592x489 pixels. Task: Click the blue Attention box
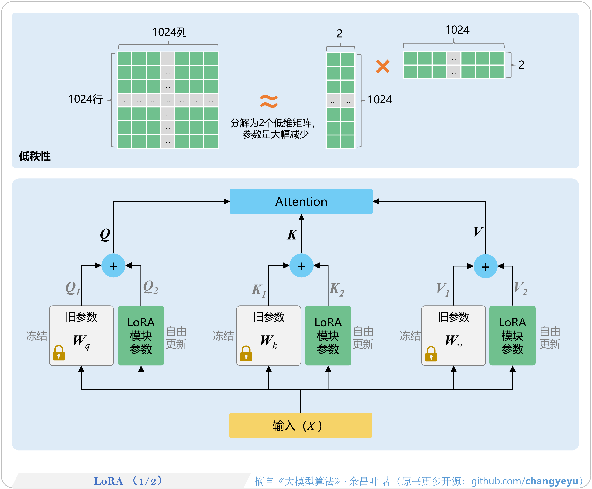pos(301,201)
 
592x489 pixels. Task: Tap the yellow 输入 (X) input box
pos(300,425)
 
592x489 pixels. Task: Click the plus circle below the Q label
pos(113,266)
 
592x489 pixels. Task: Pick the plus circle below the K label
pos(301,266)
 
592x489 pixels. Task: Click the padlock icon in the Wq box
pos(58,353)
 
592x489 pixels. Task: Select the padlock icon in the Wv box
pos(431,354)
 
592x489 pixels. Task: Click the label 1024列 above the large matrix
pos(169,32)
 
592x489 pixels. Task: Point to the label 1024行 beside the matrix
pos(85,99)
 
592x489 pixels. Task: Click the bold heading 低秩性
pos(35,156)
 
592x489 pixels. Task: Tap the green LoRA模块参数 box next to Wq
pos(141,336)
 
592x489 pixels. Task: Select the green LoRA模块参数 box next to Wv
pos(512,336)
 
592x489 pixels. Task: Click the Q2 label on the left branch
pos(150,287)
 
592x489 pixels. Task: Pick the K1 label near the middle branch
pos(258,290)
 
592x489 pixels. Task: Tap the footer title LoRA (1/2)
pos(128,481)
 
